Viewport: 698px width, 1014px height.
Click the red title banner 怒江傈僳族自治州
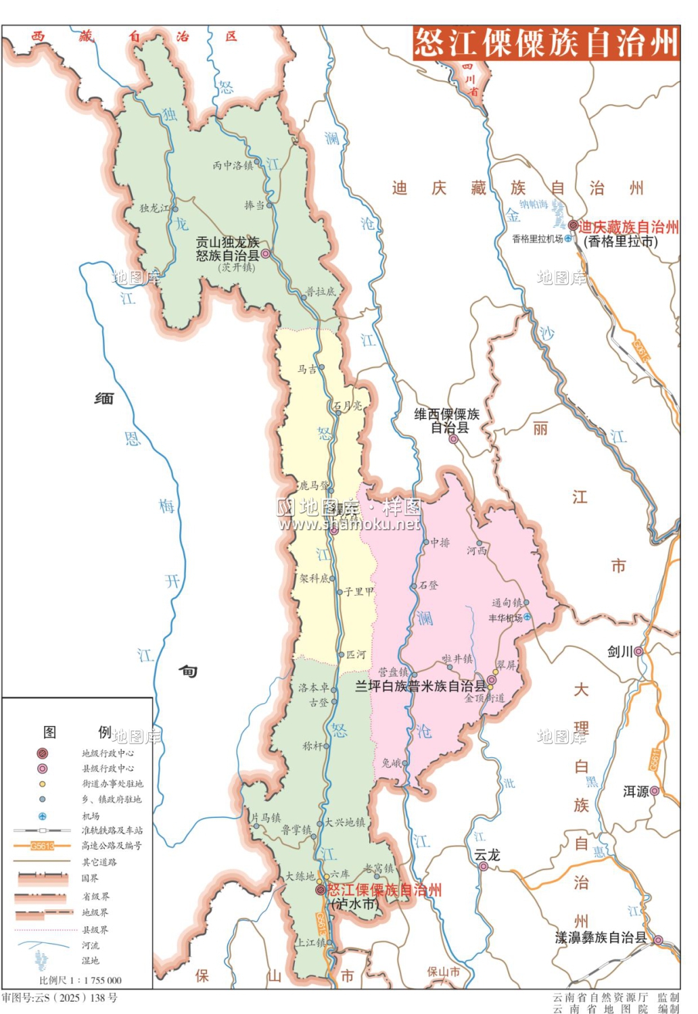[546, 43]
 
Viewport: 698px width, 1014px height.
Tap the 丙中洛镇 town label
[232, 166]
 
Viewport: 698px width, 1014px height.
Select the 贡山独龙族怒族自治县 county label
[227, 249]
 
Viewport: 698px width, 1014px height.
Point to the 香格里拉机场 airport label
[537, 239]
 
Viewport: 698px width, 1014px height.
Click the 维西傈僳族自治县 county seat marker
[454, 439]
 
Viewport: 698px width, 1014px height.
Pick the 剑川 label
[620, 652]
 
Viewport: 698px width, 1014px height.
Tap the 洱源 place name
[636, 791]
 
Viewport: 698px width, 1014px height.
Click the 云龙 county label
[487, 855]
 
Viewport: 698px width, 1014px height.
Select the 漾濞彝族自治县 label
[601, 938]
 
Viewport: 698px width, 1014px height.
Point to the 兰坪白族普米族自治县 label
[420, 686]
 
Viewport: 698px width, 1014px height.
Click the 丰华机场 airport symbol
[528, 617]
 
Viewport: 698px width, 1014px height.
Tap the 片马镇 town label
[266, 818]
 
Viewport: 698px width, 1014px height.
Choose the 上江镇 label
[310, 942]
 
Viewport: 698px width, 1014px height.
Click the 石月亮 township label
[348, 406]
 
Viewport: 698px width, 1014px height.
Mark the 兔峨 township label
[391, 763]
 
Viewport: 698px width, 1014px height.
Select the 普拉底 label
[321, 292]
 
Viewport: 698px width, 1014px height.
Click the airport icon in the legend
[42, 816]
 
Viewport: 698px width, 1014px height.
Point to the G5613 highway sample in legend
[42, 846]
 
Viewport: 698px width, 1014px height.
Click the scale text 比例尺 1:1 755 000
[80, 980]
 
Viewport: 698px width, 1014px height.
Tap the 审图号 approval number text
[60, 998]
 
